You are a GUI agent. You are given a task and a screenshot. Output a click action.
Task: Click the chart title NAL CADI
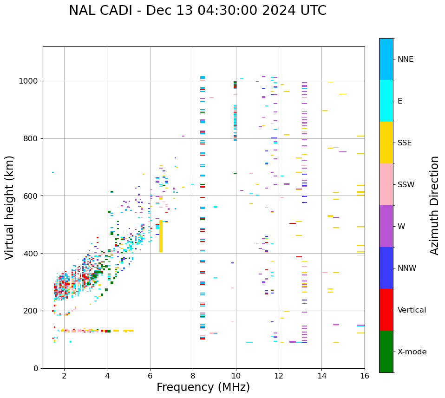click(197, 11)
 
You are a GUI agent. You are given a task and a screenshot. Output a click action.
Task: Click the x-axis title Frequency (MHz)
click(203, 387)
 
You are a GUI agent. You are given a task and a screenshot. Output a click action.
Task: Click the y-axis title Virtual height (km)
click(10, 207)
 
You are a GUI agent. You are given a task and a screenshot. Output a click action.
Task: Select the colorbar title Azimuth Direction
click(434, 205)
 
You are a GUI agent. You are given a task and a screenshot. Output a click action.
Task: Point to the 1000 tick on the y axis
click(29, 81)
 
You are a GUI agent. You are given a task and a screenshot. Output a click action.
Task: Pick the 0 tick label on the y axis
click(35, 368)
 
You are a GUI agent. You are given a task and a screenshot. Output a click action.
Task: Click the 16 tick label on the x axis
click(364, 376)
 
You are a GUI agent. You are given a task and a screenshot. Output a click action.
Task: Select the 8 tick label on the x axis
click(193, 376)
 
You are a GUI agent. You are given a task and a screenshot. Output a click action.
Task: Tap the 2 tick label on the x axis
click(64, 376)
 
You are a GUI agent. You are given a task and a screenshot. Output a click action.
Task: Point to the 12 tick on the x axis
click(279, 376)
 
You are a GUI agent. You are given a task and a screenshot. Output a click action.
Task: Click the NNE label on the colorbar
click(406, 59)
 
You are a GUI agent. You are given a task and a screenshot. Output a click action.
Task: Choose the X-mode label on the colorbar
click(412, 352)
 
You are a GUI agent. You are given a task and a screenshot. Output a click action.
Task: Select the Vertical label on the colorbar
click(412, 310)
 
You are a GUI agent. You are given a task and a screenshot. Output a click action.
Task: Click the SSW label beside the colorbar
click(406, 185)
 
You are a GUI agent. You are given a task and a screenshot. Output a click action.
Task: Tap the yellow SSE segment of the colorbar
click(386, 143)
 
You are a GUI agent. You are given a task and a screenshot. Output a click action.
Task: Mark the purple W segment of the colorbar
click(386, 226)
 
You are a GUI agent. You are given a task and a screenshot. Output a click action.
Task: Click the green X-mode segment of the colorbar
click(386, 352)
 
